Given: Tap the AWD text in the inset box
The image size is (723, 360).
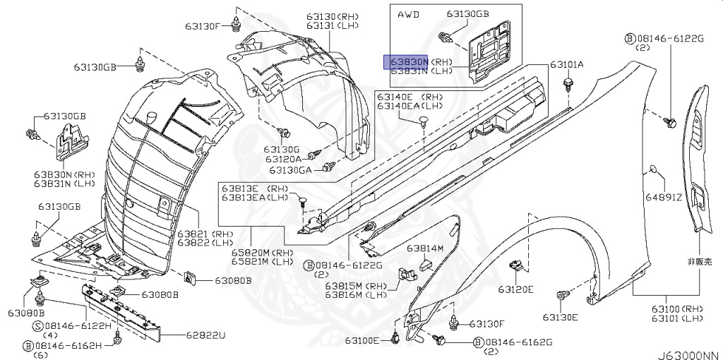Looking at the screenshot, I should click(x=408, y=14).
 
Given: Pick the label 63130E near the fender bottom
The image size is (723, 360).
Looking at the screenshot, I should click(x=560, y=317).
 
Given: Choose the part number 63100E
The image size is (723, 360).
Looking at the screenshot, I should click(x=363, y=341).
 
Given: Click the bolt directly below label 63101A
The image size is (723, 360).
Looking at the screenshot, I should click(x=568, y=85).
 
